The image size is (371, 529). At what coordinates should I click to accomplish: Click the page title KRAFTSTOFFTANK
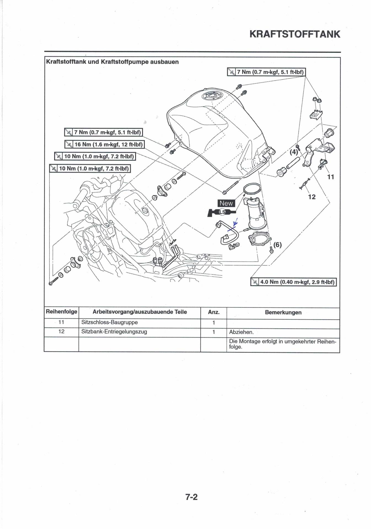tap(295, 34)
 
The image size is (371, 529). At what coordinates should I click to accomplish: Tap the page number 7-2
tap(191, 497)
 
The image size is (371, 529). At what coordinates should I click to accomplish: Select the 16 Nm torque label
tap(104, 144)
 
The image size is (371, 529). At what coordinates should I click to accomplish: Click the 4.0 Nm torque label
tap(294, 282)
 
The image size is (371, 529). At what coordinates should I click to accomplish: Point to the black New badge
tap(226, 203)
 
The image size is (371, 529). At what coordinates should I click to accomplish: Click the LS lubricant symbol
tap(222, 212)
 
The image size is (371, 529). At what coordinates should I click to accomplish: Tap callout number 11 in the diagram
tap(330, 177)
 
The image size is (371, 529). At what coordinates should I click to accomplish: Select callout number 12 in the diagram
tap(312, 197)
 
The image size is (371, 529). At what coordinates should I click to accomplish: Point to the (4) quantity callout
tap(294, 152)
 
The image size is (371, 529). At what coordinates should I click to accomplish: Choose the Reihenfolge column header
tap(61, 312)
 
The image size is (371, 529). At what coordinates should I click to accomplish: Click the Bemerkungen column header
tap(283, 312)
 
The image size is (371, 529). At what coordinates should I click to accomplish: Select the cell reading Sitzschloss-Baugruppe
tap(109, 322)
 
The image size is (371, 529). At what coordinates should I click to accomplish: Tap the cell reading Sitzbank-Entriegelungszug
tap(114, 332)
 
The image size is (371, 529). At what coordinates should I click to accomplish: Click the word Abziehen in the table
tap(241, 332)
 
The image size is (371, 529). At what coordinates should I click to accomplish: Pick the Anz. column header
tap(214, 312)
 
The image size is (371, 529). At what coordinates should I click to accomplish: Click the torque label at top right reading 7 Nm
tap(267, 72)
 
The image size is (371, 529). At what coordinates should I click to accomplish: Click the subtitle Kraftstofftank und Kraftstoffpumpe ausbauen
tap(112, 62)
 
